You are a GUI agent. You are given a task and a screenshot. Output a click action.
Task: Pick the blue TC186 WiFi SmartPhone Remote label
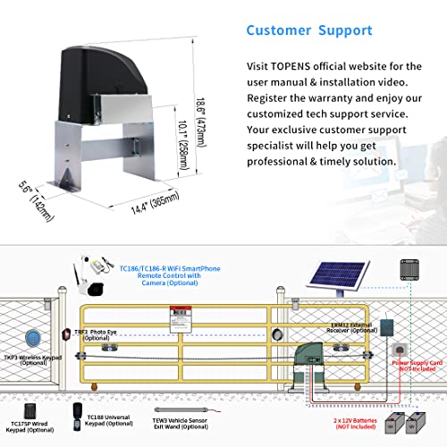click(170, 272)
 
